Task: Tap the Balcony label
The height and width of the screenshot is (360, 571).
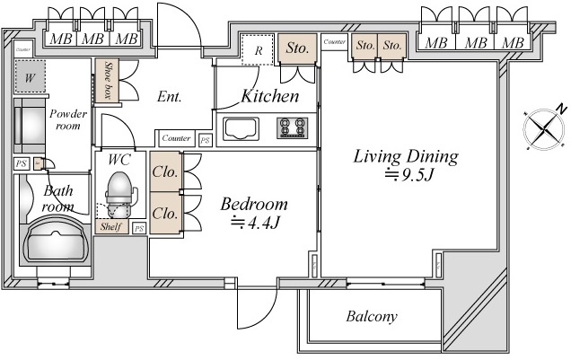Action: pos(372,317)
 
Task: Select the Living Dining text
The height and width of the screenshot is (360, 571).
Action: pos(405,157)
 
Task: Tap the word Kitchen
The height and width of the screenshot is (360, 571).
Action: pos(269,94)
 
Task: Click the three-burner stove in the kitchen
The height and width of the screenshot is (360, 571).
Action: pos(291,127)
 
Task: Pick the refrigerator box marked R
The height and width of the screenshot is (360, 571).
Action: pos(258,50)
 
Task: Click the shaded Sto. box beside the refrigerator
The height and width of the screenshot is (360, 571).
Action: pos(297,48)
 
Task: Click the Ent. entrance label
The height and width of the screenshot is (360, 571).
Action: pos(168,96)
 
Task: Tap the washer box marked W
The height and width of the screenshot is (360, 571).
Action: pos(31,77)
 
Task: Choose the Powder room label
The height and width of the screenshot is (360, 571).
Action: pos(68,119)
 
